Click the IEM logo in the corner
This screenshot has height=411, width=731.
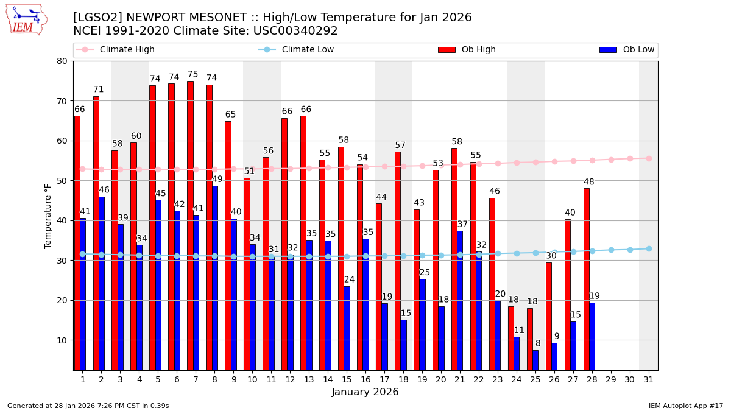click(x=26, y=19)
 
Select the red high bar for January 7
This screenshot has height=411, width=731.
click(x=190, y=225)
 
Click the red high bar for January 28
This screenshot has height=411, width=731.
click(x=586, y=279)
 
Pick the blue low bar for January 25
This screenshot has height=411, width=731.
click(x=535, y=360)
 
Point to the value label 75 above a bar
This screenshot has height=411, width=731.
click(x=192, y=74)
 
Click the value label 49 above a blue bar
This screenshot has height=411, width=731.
click(x=217, y=179)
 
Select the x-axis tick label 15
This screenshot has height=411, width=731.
click(x=347, y=379)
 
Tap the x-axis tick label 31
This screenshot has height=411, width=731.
click(x=648, y=379)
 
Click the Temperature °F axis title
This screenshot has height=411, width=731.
click(x=48, y=216)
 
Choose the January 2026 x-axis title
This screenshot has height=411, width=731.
click(x=365, y=392)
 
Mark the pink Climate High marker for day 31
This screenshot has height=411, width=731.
click(x=648, y=158)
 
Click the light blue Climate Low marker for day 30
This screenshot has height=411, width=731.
click(x=630, y=250)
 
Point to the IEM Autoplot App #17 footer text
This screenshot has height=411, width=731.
click(x=685, y=406)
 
